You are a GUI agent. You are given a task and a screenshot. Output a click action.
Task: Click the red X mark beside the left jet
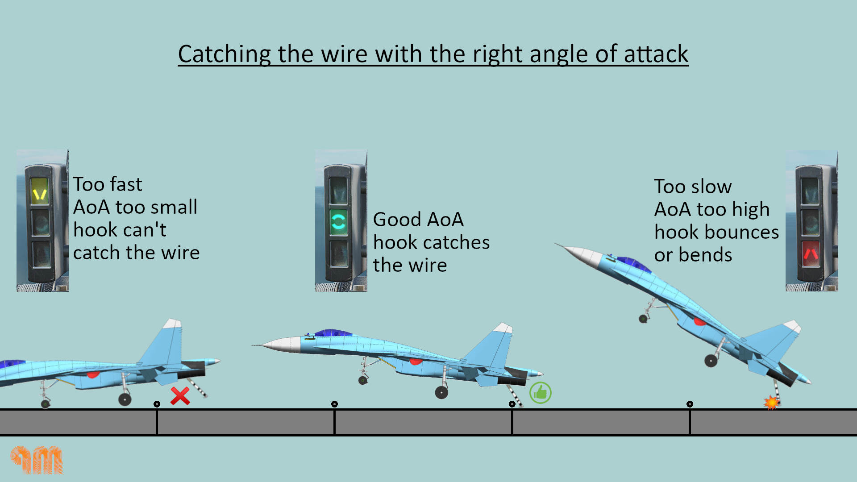coord(180,396)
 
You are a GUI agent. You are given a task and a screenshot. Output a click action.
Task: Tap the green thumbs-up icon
coord(540,393)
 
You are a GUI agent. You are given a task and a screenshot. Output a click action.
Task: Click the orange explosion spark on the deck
coord(771,403)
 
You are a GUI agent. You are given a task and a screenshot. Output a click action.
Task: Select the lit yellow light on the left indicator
coord(40,191)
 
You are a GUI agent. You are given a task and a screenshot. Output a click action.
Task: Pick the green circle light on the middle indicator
coord(338,221)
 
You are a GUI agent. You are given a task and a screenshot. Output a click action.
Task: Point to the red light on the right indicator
coord(811,253)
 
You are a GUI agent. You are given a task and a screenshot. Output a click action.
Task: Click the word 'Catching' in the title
coord(224,54)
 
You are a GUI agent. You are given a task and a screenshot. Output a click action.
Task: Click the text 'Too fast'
coord(108,184)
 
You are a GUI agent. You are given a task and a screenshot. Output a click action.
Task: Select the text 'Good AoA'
coord(418,220)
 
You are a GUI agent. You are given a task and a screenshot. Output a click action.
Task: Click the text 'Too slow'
coord(693,187)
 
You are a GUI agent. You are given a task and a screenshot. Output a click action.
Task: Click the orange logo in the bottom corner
coord(37,460)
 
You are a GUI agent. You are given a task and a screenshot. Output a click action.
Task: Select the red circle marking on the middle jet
coord(415,361)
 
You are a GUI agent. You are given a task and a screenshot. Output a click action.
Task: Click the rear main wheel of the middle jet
coord(441,392)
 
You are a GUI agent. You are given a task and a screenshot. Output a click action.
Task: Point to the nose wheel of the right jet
coord(643,319)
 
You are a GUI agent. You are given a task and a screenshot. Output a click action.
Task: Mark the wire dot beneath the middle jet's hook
coord(512,404)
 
